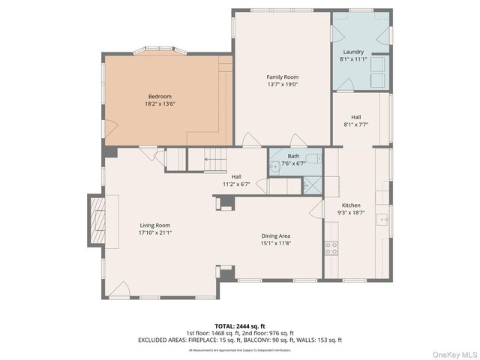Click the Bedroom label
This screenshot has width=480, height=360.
click(x=159, y=96)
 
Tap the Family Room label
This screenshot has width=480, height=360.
click(x=282, y=77)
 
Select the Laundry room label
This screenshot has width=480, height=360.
click(x=352, y=52)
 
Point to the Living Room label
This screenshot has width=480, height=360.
click(x=154, y=225)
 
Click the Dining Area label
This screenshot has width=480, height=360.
click(x=276, y=235)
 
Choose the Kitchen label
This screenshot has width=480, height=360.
click(x=352, y=205)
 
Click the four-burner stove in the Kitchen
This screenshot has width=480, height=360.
click(x=330, y=247)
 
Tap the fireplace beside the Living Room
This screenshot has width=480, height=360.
click(x=96, y=221)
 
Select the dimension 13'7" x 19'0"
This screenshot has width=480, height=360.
click(x=282, y=85)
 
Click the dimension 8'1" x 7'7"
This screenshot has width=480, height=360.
click(x=356, y=124)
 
